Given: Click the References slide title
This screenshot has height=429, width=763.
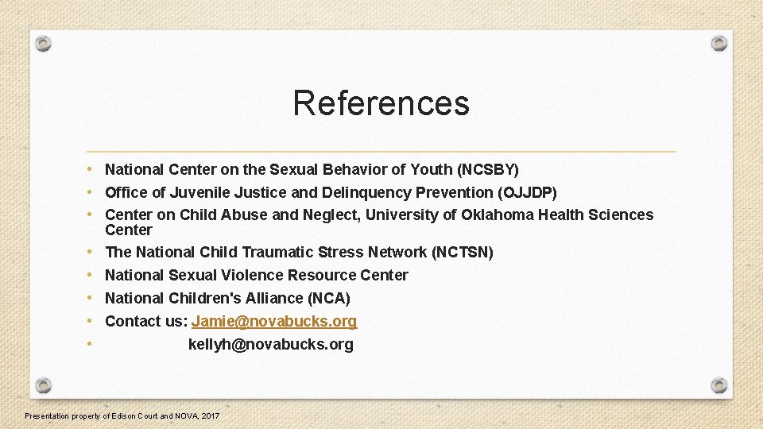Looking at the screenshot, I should click(x=381, y=103).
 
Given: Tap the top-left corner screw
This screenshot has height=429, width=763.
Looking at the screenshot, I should click(x=45, y=43).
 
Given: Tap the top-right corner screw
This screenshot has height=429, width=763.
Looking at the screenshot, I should click(x=718, y=43).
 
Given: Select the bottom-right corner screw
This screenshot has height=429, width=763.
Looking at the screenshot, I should click(x=718, y=385).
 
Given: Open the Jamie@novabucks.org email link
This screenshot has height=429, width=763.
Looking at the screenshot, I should click(x=274, y=321).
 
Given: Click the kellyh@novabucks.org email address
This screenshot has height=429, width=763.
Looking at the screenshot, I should click(x=270, y=344).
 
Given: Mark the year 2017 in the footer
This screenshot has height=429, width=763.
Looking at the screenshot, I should click(x=211, y=415).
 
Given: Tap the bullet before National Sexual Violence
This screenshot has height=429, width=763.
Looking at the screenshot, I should click(x=91, y=275).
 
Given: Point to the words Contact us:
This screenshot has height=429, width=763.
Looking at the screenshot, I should click(x=145, y=321).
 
